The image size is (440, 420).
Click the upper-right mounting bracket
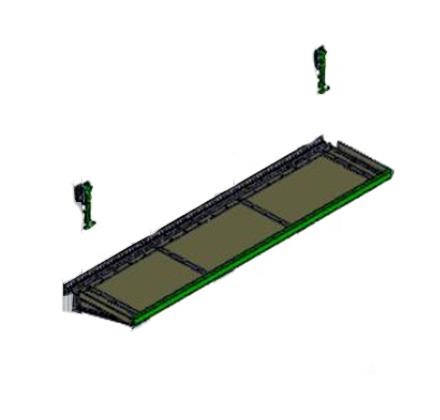tap(320, 69)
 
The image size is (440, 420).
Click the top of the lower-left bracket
tap(82, 185)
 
